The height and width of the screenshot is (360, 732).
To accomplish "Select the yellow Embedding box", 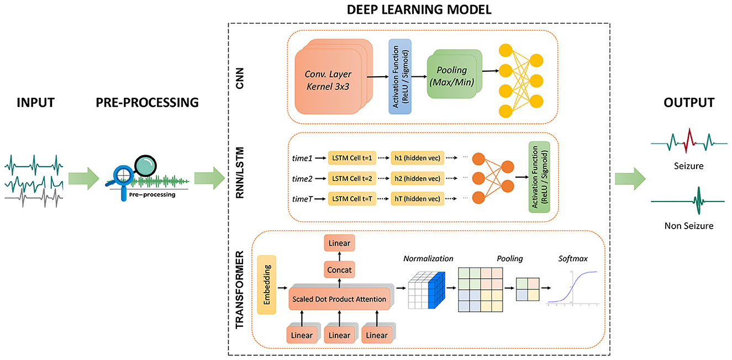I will tap(266, 285).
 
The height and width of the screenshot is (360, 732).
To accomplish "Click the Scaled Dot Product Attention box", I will tap(339, 299).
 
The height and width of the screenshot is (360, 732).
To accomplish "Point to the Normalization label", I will tap(428, 258).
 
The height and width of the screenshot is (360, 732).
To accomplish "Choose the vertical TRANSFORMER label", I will tap(240, 290).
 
